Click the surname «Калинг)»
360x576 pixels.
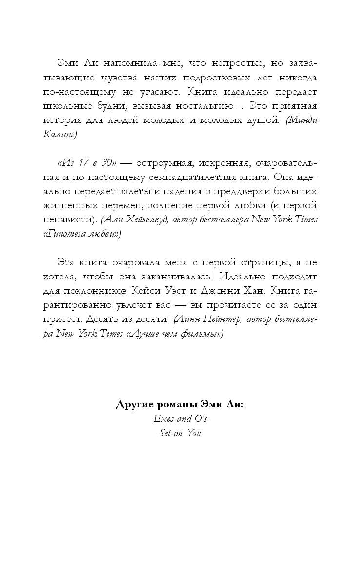[60, 134]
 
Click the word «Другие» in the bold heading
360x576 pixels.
[134, 405]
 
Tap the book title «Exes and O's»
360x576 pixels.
[180, 418]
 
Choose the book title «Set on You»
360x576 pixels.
[180, 433]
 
